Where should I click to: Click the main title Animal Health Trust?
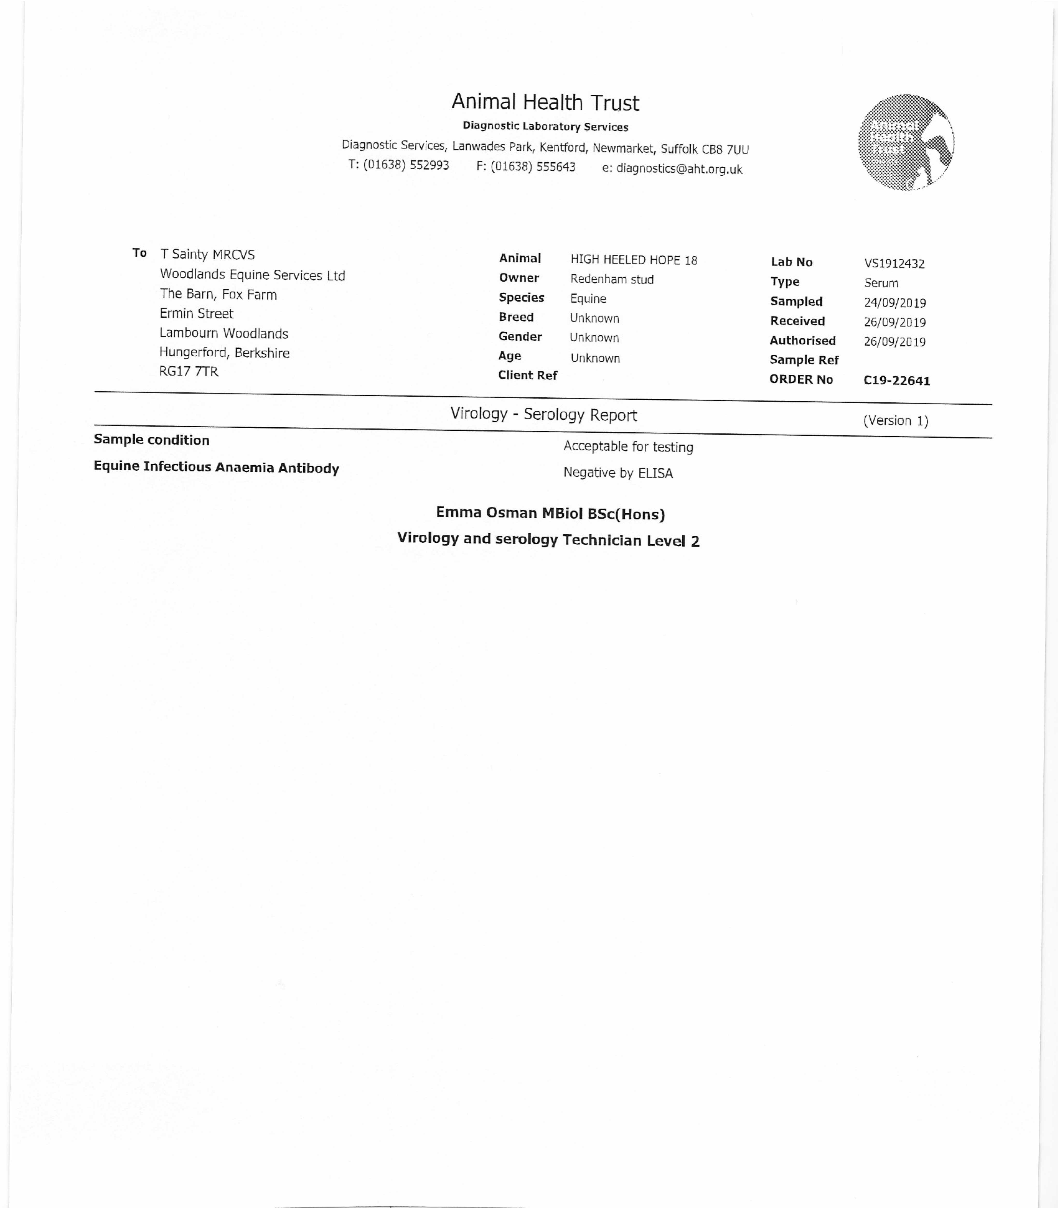(545, 103)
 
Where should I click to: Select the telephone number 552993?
(429, 165)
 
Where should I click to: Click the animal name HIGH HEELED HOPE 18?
(634, 260)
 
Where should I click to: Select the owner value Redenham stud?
(612, 280)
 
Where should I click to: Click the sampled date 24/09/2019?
(894, 303)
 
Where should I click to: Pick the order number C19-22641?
(896, 381)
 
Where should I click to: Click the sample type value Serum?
(881, 283)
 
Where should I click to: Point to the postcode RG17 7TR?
(189, 372)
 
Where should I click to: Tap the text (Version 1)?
(895, 421)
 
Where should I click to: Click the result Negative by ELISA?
(618, 473)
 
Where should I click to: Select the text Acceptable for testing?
(628, 447)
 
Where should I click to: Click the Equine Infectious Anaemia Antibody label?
(216, 467)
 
